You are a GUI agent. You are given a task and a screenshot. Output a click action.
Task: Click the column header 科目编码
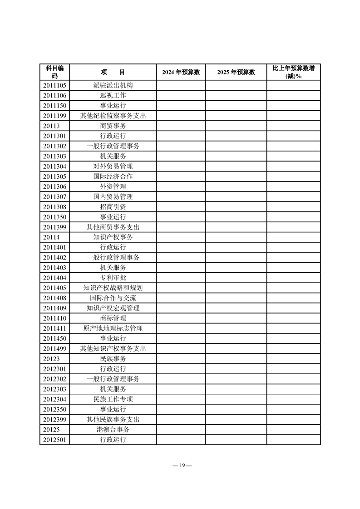click(54, 72)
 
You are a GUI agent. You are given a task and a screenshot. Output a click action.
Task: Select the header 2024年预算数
click(181, 72)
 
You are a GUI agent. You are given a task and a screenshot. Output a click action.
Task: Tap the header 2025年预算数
click(236, 72)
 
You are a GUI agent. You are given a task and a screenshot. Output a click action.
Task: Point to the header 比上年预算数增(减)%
click(293, 72)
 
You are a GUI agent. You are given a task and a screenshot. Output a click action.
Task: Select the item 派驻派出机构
click(113, 85)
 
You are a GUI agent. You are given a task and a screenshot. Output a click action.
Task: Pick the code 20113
click(51, 126)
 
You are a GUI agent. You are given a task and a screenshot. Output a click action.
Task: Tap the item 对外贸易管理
click(113, 166)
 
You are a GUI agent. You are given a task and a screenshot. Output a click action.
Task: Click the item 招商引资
click(113, 207)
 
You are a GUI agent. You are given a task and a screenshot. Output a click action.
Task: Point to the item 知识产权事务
click(113, 237)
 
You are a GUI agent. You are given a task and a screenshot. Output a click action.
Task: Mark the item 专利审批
click(113, 278)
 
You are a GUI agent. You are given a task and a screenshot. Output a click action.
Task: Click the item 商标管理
click(113, 318)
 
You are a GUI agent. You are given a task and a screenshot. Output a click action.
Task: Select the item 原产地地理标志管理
click(113, 328)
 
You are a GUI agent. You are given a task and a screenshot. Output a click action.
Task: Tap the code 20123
click(51, 358)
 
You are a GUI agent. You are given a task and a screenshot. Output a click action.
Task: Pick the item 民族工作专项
click(113, 399)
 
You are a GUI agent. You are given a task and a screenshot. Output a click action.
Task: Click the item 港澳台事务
click(113, 429)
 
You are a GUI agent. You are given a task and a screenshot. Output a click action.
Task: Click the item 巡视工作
click(113, 95)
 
